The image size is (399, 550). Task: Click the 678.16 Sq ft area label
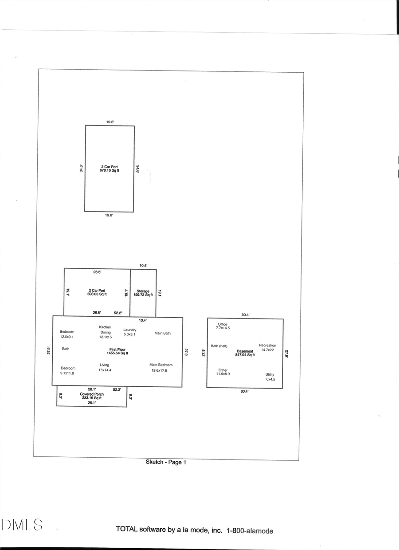tap(109, 170)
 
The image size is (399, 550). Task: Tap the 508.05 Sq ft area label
tap(97, 294)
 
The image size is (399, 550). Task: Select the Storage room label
tap(143, 291)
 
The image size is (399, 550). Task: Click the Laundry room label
tap(129, 330)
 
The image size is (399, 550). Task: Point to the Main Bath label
tap(162, 333)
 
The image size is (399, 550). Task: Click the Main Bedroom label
tap(161, 365)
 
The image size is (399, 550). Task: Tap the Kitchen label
tap(105, 327)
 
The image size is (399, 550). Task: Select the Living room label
tap(105, 365)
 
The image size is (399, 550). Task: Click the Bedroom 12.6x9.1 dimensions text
tap(67, 337)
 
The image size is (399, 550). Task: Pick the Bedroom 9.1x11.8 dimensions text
tap(68, 373)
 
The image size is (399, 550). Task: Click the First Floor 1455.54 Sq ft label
tap(117, 351)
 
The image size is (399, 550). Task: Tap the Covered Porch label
tap(92, 394)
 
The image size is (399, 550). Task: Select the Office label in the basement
tap(223, 324)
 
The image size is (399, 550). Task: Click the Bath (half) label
tap(219, 346)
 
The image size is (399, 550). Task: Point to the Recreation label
tap(267, 345)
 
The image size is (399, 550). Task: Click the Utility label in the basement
tap(270, 374)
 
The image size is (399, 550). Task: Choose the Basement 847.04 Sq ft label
tap(245, 353)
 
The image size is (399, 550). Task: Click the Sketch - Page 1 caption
tap(166, 462)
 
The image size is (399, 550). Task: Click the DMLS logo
tap(22, 525)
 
